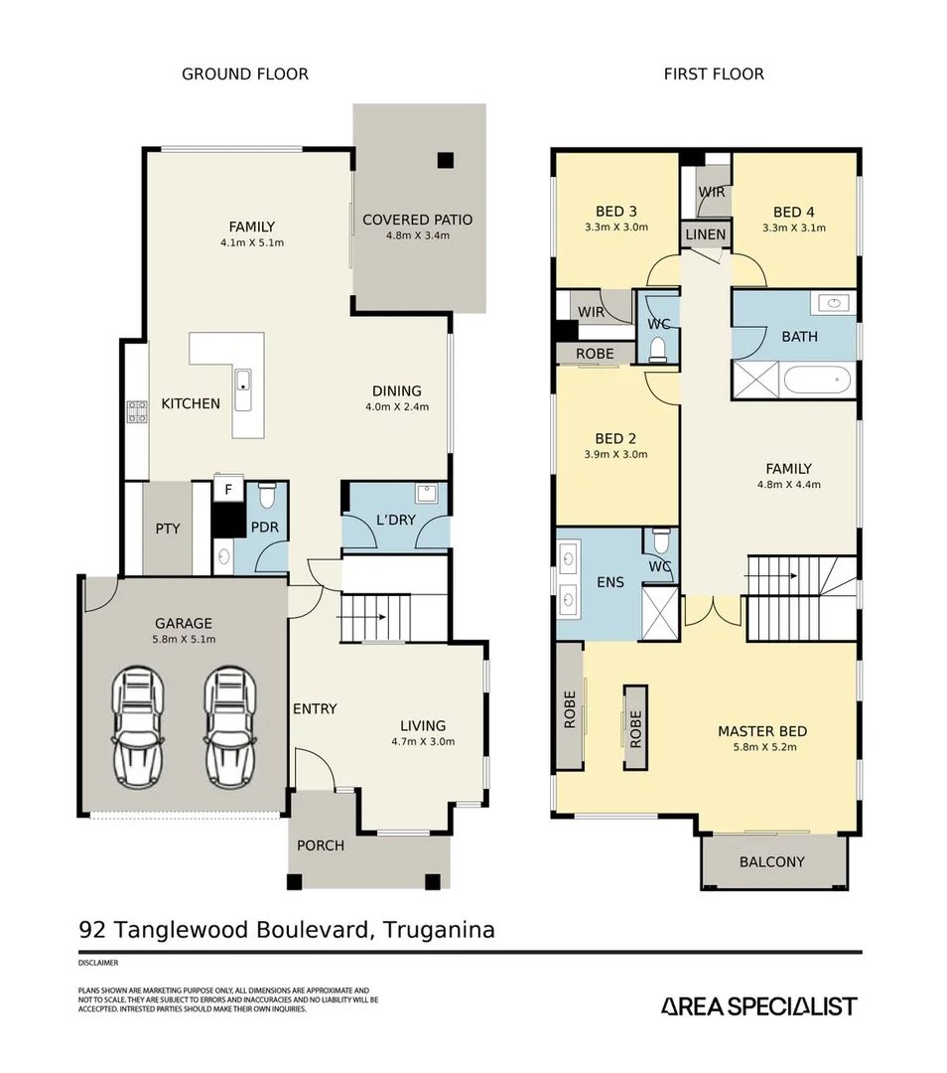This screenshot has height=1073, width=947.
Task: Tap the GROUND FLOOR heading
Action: click(244, 75)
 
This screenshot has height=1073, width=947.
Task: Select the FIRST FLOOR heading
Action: click(714, 75)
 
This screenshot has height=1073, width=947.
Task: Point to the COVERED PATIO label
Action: click(417, 220)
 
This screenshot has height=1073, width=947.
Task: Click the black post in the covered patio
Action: click(445, 159)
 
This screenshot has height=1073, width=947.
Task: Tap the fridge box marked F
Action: click(227, 490)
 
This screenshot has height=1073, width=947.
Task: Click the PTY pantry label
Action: click(168, 528)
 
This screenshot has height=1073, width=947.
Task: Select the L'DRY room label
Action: click(394, 518)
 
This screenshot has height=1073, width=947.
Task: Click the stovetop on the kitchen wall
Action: click(137, 410)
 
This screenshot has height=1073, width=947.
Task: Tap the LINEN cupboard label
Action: click(706, 234)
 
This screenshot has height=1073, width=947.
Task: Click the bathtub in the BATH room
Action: click(817, 380)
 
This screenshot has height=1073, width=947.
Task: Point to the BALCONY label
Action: click(771, 861)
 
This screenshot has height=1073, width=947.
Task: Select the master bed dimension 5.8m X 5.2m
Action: click(757, 747)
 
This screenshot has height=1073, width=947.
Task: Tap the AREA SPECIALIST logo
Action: click(758, 1006)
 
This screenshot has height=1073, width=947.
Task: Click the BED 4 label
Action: click(793, 212)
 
